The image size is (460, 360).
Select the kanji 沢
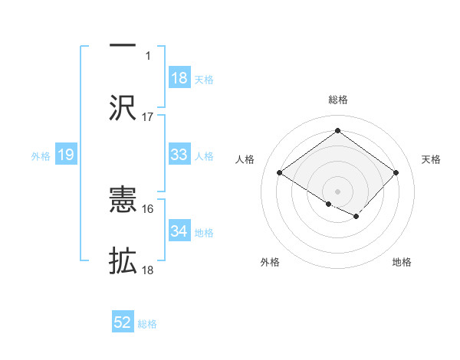123,107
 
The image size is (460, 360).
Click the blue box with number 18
179,78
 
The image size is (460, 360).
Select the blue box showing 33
179,155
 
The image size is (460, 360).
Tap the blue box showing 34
179,231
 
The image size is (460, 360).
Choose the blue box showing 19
65,155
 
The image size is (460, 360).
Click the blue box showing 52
123,323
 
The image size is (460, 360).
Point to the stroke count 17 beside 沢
148,117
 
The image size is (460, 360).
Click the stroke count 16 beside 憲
148,208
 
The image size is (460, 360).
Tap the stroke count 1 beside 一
149,55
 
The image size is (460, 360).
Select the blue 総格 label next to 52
148,324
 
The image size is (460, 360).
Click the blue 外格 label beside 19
41,155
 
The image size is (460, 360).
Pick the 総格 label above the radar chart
337,100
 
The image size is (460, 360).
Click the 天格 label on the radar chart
431,159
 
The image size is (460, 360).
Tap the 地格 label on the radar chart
402,262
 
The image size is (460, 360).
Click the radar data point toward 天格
396,173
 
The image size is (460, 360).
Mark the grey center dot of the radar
337,190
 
